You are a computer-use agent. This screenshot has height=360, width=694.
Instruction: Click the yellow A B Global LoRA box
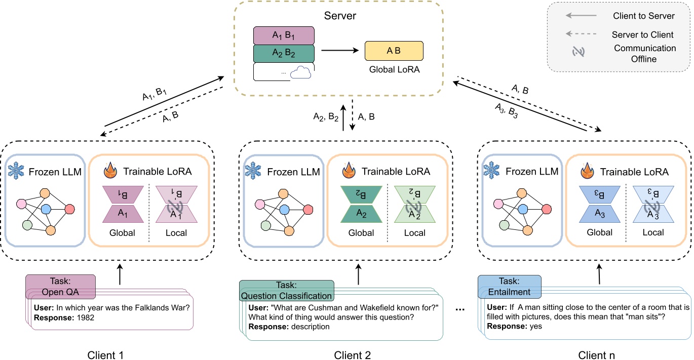point(394,51)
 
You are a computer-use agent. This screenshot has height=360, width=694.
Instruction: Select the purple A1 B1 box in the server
point(284,35)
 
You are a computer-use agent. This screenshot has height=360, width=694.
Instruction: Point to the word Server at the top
point(340,16)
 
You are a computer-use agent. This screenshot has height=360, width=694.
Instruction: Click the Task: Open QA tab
point(60,287)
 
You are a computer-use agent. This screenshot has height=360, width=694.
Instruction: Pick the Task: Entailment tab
point(510,287)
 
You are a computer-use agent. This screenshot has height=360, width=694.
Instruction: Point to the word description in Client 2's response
point(311,327)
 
